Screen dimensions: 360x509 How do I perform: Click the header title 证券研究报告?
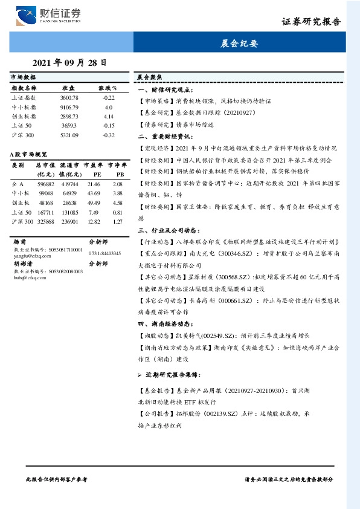coord(312,21)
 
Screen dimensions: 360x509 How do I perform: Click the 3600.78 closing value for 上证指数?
coord(69,97)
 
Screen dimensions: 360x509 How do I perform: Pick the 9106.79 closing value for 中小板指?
coord(69,106)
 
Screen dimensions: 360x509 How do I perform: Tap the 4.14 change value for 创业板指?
coord(109,115)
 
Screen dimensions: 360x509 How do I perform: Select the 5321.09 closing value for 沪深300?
coord(69,135)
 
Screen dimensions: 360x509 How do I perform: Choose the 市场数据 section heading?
coord(24,77)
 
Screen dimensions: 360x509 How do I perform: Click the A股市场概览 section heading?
coord(29,155)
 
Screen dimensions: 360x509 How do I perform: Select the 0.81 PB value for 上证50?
coord(118,212)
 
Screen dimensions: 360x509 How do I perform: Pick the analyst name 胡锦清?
coord(24,264)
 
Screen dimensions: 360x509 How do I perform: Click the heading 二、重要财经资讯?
coord(162,137)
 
